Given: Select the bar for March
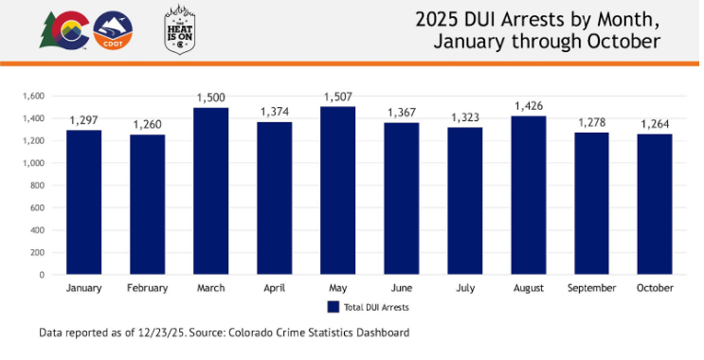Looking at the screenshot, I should click(211, 190).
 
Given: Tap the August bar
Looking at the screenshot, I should click(529, 194).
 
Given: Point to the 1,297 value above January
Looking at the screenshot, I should click(83, 120).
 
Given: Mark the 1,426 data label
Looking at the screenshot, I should click(529, 105).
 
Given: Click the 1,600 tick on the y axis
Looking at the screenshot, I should click(33, 96).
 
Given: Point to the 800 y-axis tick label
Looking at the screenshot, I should click(37, 185).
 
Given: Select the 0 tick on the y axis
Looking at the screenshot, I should click(43, 275).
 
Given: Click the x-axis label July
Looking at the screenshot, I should click(465, 287).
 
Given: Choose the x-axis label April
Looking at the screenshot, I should click(275, 287).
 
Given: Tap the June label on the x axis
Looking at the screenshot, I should click(402, 287).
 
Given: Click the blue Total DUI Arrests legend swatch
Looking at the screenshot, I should click(333, 307).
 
